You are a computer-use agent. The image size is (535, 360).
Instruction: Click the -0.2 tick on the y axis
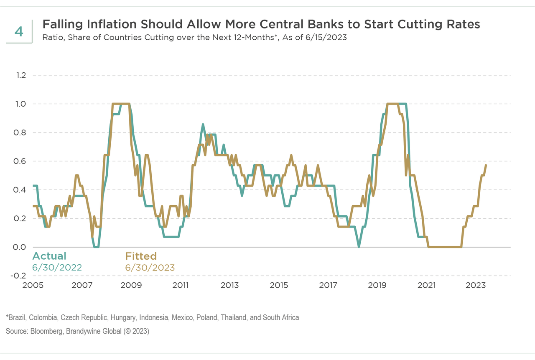19,276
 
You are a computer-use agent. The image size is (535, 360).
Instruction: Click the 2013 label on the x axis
229,286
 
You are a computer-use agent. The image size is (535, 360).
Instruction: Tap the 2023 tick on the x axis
476,286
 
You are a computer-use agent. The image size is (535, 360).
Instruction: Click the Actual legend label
49,256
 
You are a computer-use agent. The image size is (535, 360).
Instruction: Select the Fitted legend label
141,256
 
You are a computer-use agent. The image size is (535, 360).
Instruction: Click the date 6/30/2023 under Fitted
150,267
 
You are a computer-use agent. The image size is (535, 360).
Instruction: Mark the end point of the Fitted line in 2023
486,165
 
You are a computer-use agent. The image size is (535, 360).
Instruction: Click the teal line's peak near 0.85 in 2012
203,124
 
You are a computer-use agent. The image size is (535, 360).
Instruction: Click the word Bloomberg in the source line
42,331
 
